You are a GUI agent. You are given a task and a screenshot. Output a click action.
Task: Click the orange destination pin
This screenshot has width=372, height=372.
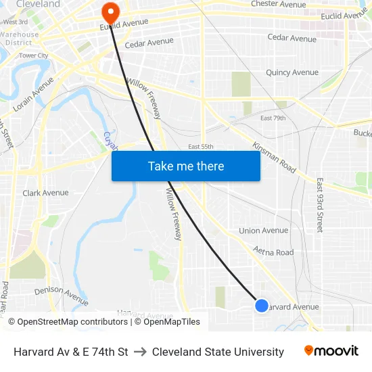[109, 11]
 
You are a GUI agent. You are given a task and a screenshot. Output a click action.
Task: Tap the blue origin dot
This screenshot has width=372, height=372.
[262, 306]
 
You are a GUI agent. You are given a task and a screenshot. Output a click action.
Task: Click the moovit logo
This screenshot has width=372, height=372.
[331, 351]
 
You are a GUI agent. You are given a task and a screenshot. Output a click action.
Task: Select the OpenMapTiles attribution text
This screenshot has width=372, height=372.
[167, 322]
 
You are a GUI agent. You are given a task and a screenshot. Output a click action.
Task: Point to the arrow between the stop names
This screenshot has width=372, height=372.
[140, 352]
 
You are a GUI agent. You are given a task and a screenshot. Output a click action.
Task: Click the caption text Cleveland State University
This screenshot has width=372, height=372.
[218, 352]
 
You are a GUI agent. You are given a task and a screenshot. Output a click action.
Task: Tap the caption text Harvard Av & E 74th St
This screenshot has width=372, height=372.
[71, 352]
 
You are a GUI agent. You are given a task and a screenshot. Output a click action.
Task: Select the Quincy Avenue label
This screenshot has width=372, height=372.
[292, 72]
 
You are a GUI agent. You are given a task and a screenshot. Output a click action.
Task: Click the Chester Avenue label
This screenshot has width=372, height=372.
[279, 4]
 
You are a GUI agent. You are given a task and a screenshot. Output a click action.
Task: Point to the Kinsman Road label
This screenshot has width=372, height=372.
[274, 156]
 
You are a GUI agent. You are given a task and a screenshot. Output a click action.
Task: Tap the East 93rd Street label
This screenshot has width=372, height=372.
[320, 205]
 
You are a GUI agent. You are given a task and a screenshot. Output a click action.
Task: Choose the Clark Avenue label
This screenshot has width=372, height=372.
[45, 193]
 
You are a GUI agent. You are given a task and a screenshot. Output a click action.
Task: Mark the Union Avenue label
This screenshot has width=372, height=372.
[263, 231]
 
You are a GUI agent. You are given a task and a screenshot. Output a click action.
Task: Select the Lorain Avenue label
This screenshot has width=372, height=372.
[32, 94]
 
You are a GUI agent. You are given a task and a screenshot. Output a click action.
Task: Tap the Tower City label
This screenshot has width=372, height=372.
[33, 55]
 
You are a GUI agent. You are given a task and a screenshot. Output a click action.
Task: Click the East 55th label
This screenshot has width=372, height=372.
[201, 146]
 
